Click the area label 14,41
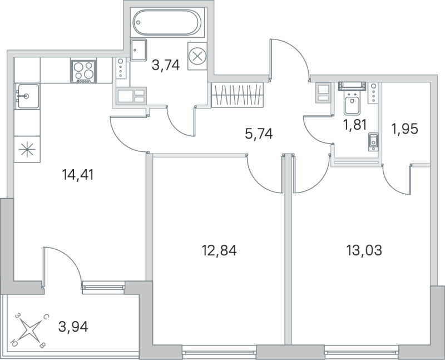[78, 175]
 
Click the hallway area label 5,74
[259, 134]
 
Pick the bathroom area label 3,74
[166, 65]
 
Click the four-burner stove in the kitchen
[83, 71]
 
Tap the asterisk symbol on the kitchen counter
[26, 150]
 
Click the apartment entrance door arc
[289, 58]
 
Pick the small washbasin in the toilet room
[373, 141]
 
